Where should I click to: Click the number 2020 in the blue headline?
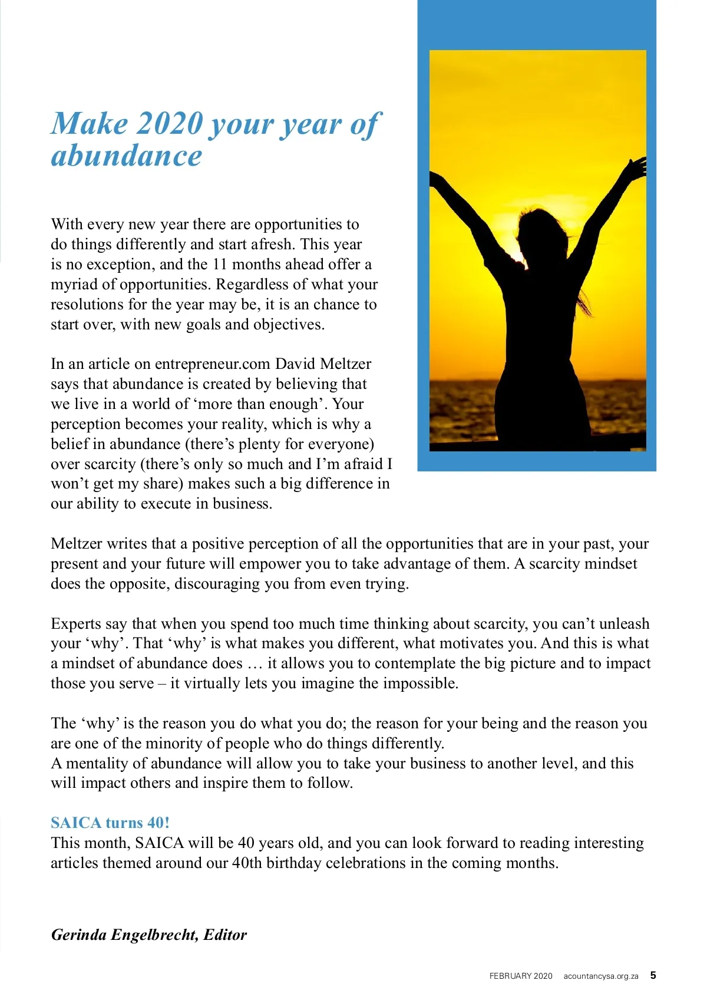[x=170, y=124]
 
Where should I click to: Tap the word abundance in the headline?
[x=126, y=156]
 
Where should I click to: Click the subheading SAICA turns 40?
[x=110, y=823]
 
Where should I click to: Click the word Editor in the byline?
[x=225, y=935]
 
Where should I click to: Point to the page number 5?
[x=653, y=975]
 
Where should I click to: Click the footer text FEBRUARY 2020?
[x=521, y=976]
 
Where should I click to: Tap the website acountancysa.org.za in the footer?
[x=600, y=976]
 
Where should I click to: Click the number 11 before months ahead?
[x=219, y=264]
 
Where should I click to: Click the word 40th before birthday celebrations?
[x=247, y=863]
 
